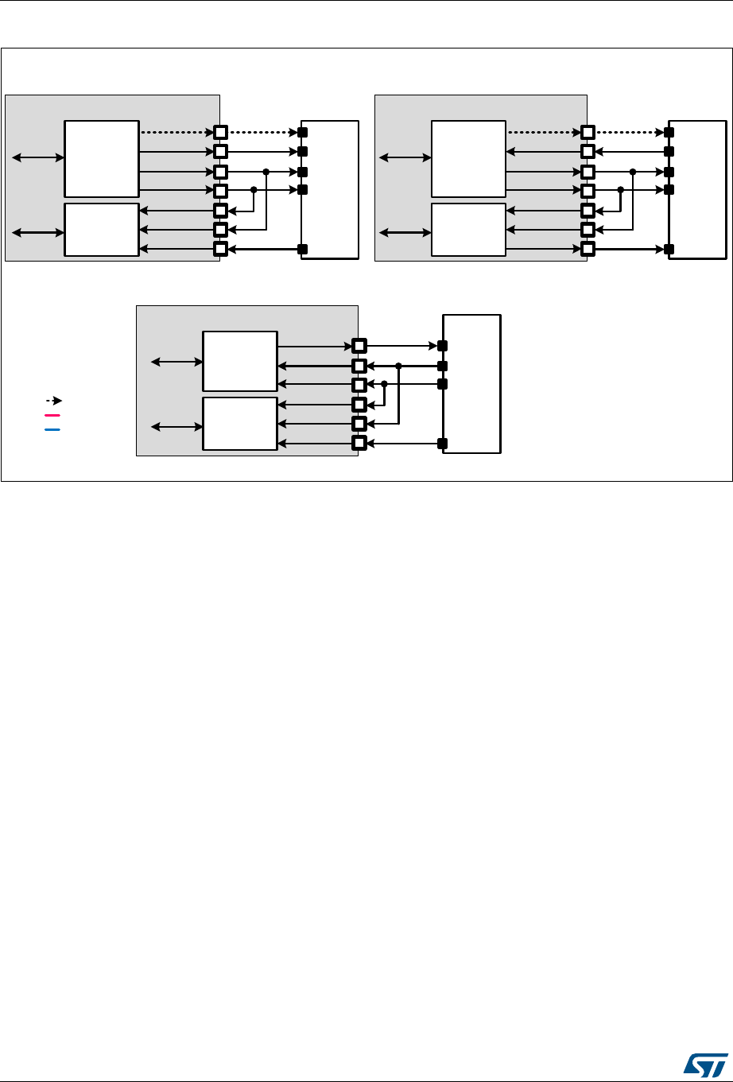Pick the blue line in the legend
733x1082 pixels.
tap(53, 429)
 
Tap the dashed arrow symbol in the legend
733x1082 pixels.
tap(54, 401)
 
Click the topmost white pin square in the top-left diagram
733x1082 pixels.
tap(221, 132)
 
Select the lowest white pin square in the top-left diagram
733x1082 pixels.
tap(221, 250)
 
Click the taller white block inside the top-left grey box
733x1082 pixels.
tap(102, 159)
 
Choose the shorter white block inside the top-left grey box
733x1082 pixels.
tap(102, 230)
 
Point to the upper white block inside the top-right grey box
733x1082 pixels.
tap(468, 159)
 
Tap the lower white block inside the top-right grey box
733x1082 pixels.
tap(468, 230)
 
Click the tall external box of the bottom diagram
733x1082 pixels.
tap(472, 384)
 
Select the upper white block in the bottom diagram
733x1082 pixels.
tap(240, 361)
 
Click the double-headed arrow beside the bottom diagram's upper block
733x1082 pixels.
tap(177, 362)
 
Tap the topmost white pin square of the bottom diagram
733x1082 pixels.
tap(359, 346)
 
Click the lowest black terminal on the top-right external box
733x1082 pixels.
tap(669, 250)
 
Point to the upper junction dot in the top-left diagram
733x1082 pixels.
tap(266, 172)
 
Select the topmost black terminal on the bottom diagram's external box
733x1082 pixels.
tap(443, 346)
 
